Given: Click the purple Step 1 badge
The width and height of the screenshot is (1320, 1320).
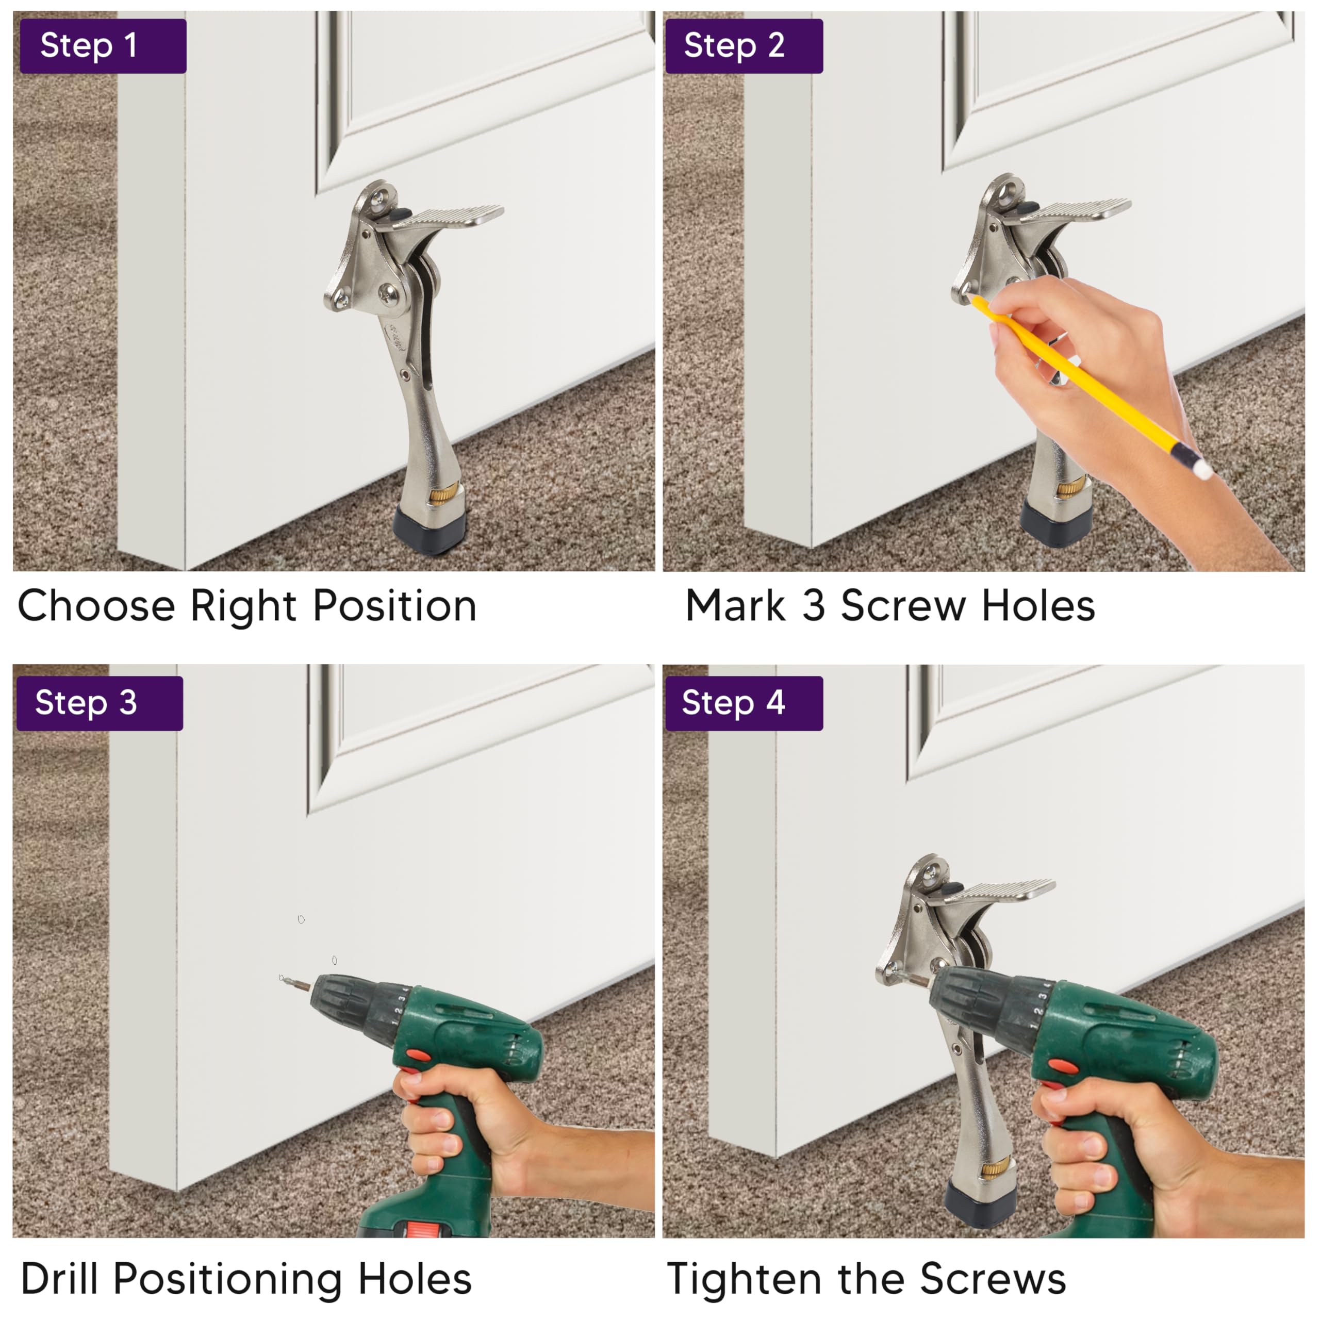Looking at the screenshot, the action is point(103,46).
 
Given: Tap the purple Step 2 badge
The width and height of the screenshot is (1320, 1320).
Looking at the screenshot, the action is point(744,46).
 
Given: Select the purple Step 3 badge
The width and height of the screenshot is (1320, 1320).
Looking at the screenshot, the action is point(100,703).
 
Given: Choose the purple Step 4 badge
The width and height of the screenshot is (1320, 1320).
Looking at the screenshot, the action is point(744,703).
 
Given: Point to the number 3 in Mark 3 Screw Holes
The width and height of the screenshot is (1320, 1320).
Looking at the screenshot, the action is point(813,606).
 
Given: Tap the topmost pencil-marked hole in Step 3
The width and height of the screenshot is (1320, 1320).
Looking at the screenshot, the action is point(301,920).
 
